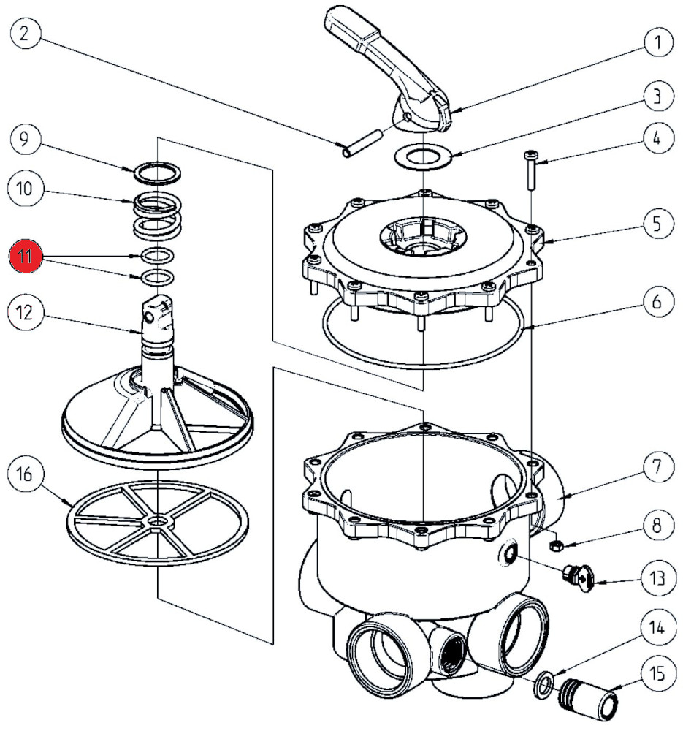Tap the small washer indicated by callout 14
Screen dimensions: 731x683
541,685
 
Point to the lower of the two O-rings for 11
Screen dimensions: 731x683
157,278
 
